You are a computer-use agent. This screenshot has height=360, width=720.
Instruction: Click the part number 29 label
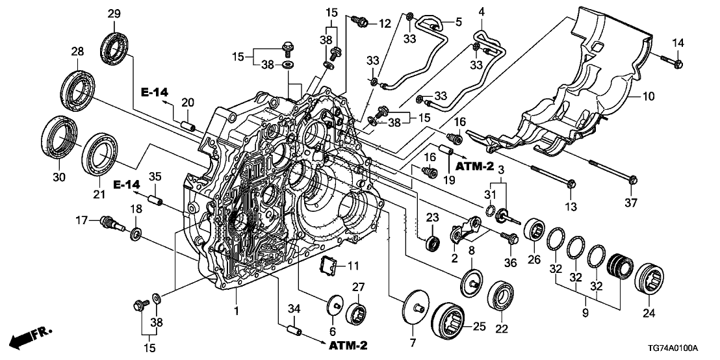pos(114,14)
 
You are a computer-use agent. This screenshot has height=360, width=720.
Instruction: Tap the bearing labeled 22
pos(500,296)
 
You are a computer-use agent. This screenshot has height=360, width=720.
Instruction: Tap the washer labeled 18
pos(136,232)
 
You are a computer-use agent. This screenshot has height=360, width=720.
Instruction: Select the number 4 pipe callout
pos(482,12)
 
